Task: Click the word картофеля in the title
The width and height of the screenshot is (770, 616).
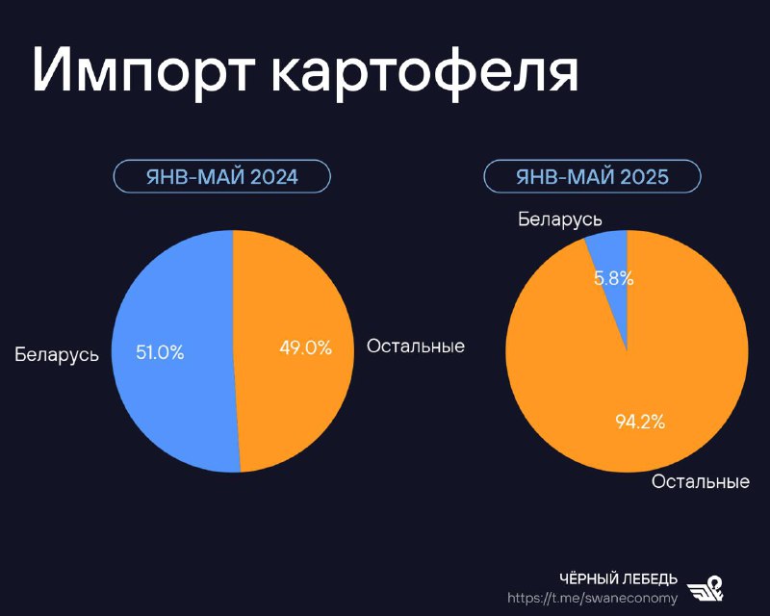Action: coord(425,73)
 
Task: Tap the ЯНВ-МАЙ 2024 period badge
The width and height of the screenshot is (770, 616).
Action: coord(222,176)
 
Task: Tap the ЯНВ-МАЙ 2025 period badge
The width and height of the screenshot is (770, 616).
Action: coord(592,176)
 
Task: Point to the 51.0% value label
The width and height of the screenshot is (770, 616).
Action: coord(160,352)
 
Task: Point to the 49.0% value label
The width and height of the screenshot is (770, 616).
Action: coord(305,347)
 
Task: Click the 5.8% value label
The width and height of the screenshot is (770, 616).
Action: coord(614,278)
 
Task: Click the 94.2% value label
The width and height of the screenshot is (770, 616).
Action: coord(640,422)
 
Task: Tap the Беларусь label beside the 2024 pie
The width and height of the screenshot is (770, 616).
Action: coord(57,354)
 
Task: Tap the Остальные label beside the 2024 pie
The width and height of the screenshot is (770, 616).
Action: coord(416,346)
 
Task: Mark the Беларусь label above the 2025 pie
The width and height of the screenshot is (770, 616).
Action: coord(560,219)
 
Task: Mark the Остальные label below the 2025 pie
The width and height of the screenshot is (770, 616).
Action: coord(701,481)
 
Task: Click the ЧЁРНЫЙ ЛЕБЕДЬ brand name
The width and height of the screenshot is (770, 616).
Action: coord(618,579)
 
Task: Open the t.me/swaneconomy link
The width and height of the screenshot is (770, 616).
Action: coord(592,598)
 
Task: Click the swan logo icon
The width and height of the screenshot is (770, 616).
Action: coord(706,588)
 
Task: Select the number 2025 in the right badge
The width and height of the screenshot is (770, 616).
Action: coord(644,176)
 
